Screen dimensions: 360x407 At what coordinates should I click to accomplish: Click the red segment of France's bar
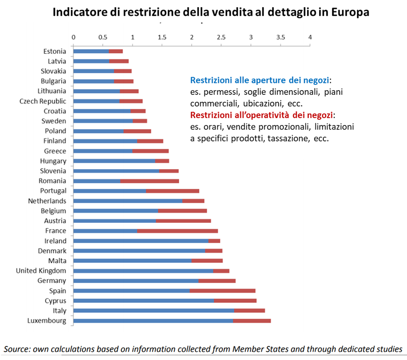[x=177, y=231]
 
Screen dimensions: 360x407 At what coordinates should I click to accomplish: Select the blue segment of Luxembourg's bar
[x=153, y=321]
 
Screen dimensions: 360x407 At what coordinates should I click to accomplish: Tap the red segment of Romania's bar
[x=150, y=181]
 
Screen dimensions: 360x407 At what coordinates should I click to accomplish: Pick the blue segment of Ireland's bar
[x=141, y=241]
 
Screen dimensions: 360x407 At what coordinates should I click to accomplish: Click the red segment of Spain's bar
[x=222, y=291]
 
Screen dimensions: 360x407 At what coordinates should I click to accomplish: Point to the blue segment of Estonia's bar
[x=91, y=51]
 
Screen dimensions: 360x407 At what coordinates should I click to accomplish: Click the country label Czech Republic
[x=43, y=101]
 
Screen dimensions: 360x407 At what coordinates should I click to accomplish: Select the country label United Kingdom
[x=41, y=271]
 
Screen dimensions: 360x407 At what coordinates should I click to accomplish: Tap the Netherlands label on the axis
[x=47, y=201]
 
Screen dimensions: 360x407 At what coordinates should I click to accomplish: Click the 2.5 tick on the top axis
[x=221, y=37]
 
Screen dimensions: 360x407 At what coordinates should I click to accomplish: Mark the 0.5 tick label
[x=103, y=37]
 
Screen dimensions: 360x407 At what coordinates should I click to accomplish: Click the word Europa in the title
[x=350, y=12]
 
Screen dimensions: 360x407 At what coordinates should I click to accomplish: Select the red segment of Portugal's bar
[x=173, y=191]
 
